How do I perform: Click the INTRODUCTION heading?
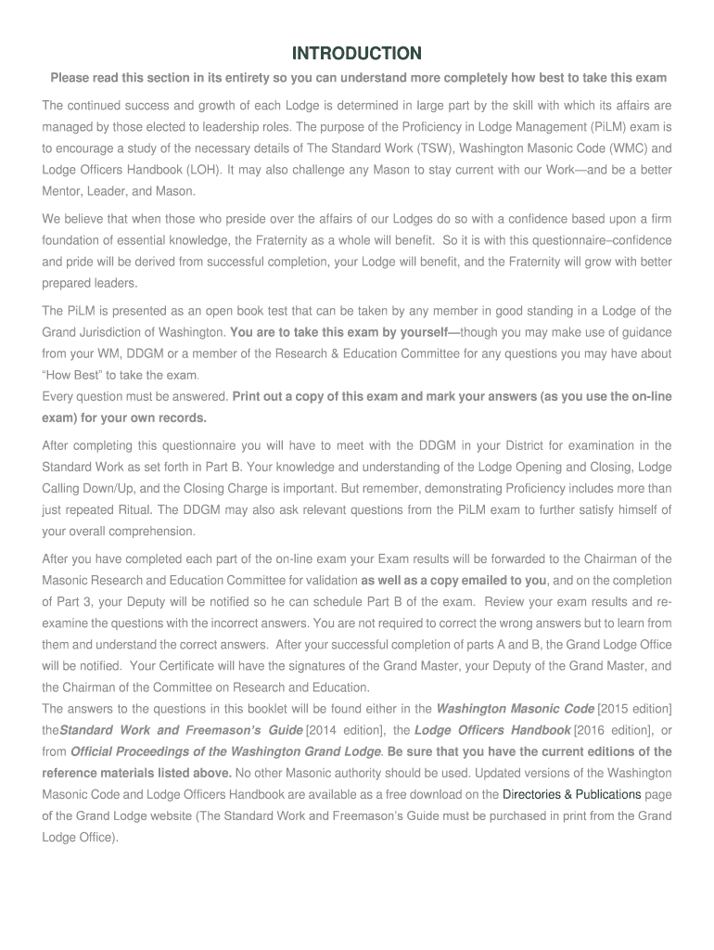(357, 53)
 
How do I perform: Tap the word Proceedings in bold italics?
(154, 751)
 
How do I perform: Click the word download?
(436, 794)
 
